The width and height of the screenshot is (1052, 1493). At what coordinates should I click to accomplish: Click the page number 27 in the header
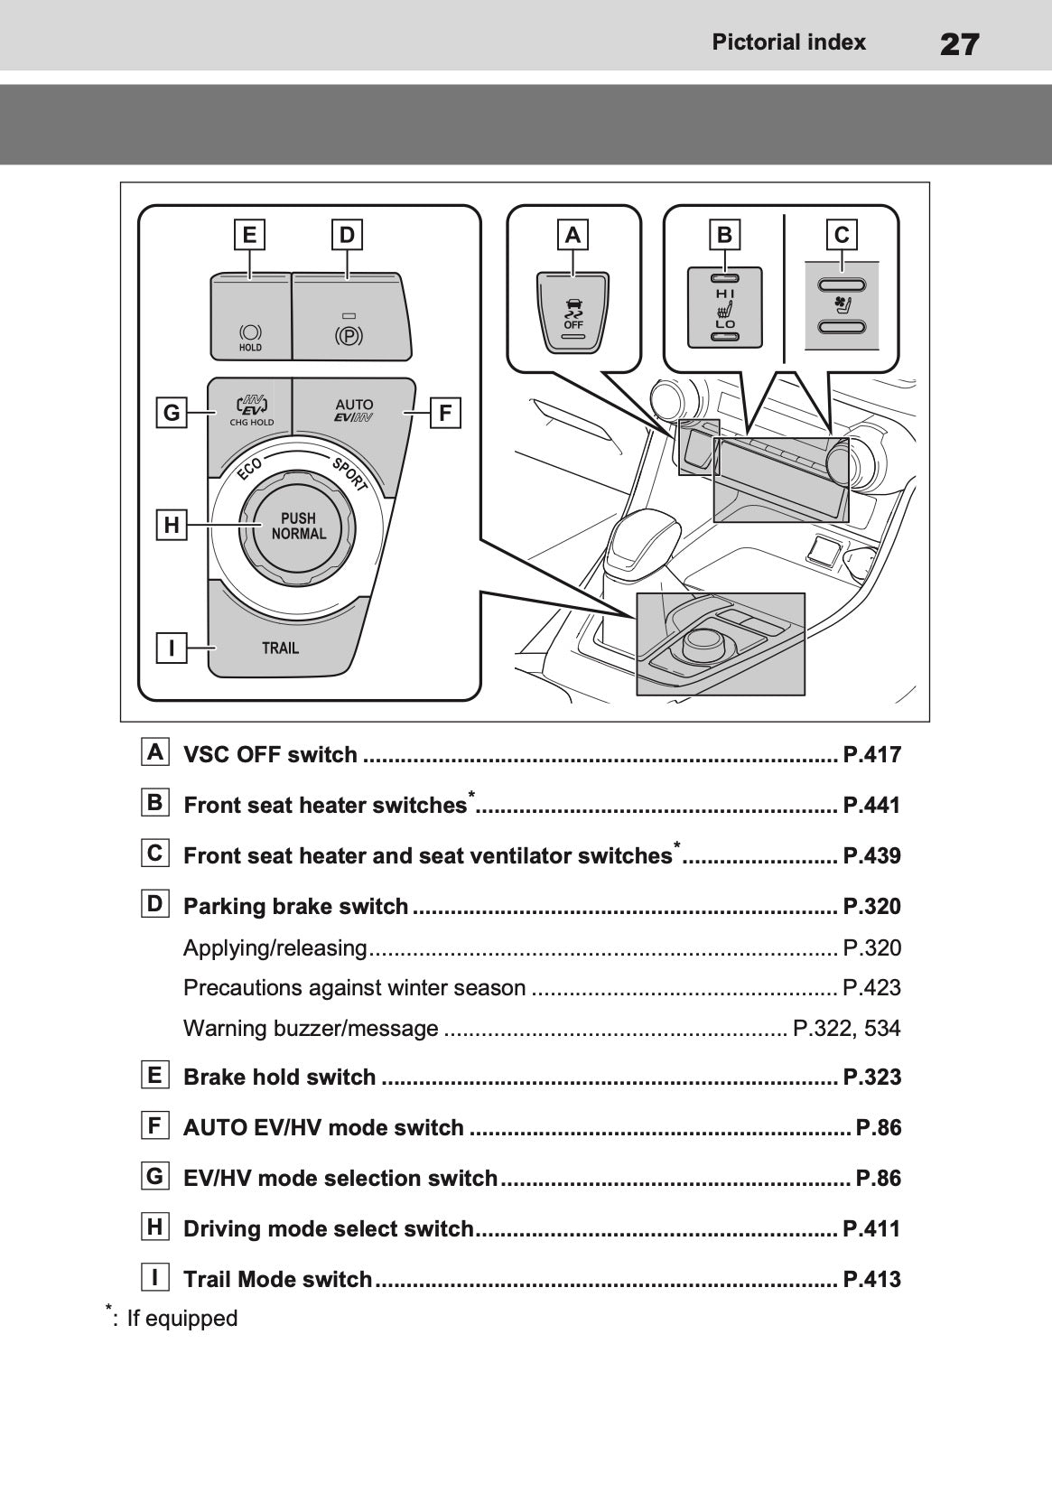point(959,43)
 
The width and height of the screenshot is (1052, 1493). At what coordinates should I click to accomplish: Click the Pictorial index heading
point(788,42)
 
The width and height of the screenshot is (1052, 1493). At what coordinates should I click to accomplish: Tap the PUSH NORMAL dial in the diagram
point(298,526)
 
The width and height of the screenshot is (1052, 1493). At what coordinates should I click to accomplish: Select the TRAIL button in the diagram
point(280,648)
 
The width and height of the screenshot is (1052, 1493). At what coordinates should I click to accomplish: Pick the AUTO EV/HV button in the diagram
point(353,411)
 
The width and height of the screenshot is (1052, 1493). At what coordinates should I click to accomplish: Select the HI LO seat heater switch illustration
point(725,308)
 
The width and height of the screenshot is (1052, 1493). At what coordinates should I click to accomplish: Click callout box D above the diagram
point(348,235)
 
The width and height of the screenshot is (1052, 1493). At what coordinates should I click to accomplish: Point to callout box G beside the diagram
point(171,414)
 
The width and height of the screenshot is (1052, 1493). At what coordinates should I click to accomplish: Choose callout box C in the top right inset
point(842,235)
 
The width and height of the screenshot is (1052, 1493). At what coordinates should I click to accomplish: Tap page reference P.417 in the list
point(871,755)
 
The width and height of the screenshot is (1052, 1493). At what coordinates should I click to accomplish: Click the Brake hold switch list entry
point(279,1077)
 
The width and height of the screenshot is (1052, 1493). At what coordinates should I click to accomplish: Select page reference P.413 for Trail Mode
point(871,1279)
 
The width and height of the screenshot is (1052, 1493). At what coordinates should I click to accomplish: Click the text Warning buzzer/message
point(311,1028)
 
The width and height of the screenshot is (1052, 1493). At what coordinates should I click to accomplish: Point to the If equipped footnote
point(181,1318)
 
